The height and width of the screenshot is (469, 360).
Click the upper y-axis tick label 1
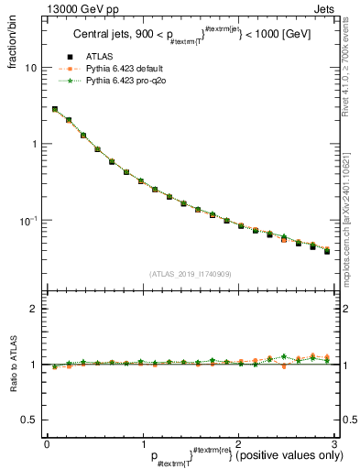[33, 144]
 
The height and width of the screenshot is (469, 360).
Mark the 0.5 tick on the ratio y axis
[29, 420]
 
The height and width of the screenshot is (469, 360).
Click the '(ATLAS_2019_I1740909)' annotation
[189, 274]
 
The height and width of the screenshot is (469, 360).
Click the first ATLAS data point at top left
[54, 109]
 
